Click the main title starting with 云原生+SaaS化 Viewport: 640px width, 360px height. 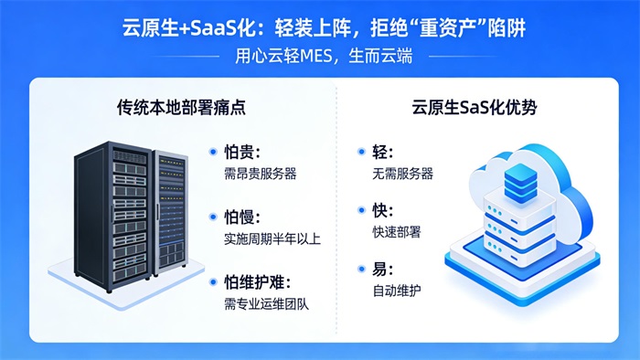point(320,28)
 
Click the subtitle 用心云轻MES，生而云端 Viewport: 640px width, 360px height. point(320,57)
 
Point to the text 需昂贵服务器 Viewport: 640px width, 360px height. point(261,173)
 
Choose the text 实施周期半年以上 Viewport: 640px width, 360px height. point(272,238)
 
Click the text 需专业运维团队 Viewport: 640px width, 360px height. point(266,302)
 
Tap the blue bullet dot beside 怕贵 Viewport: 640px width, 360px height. point(214,153)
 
